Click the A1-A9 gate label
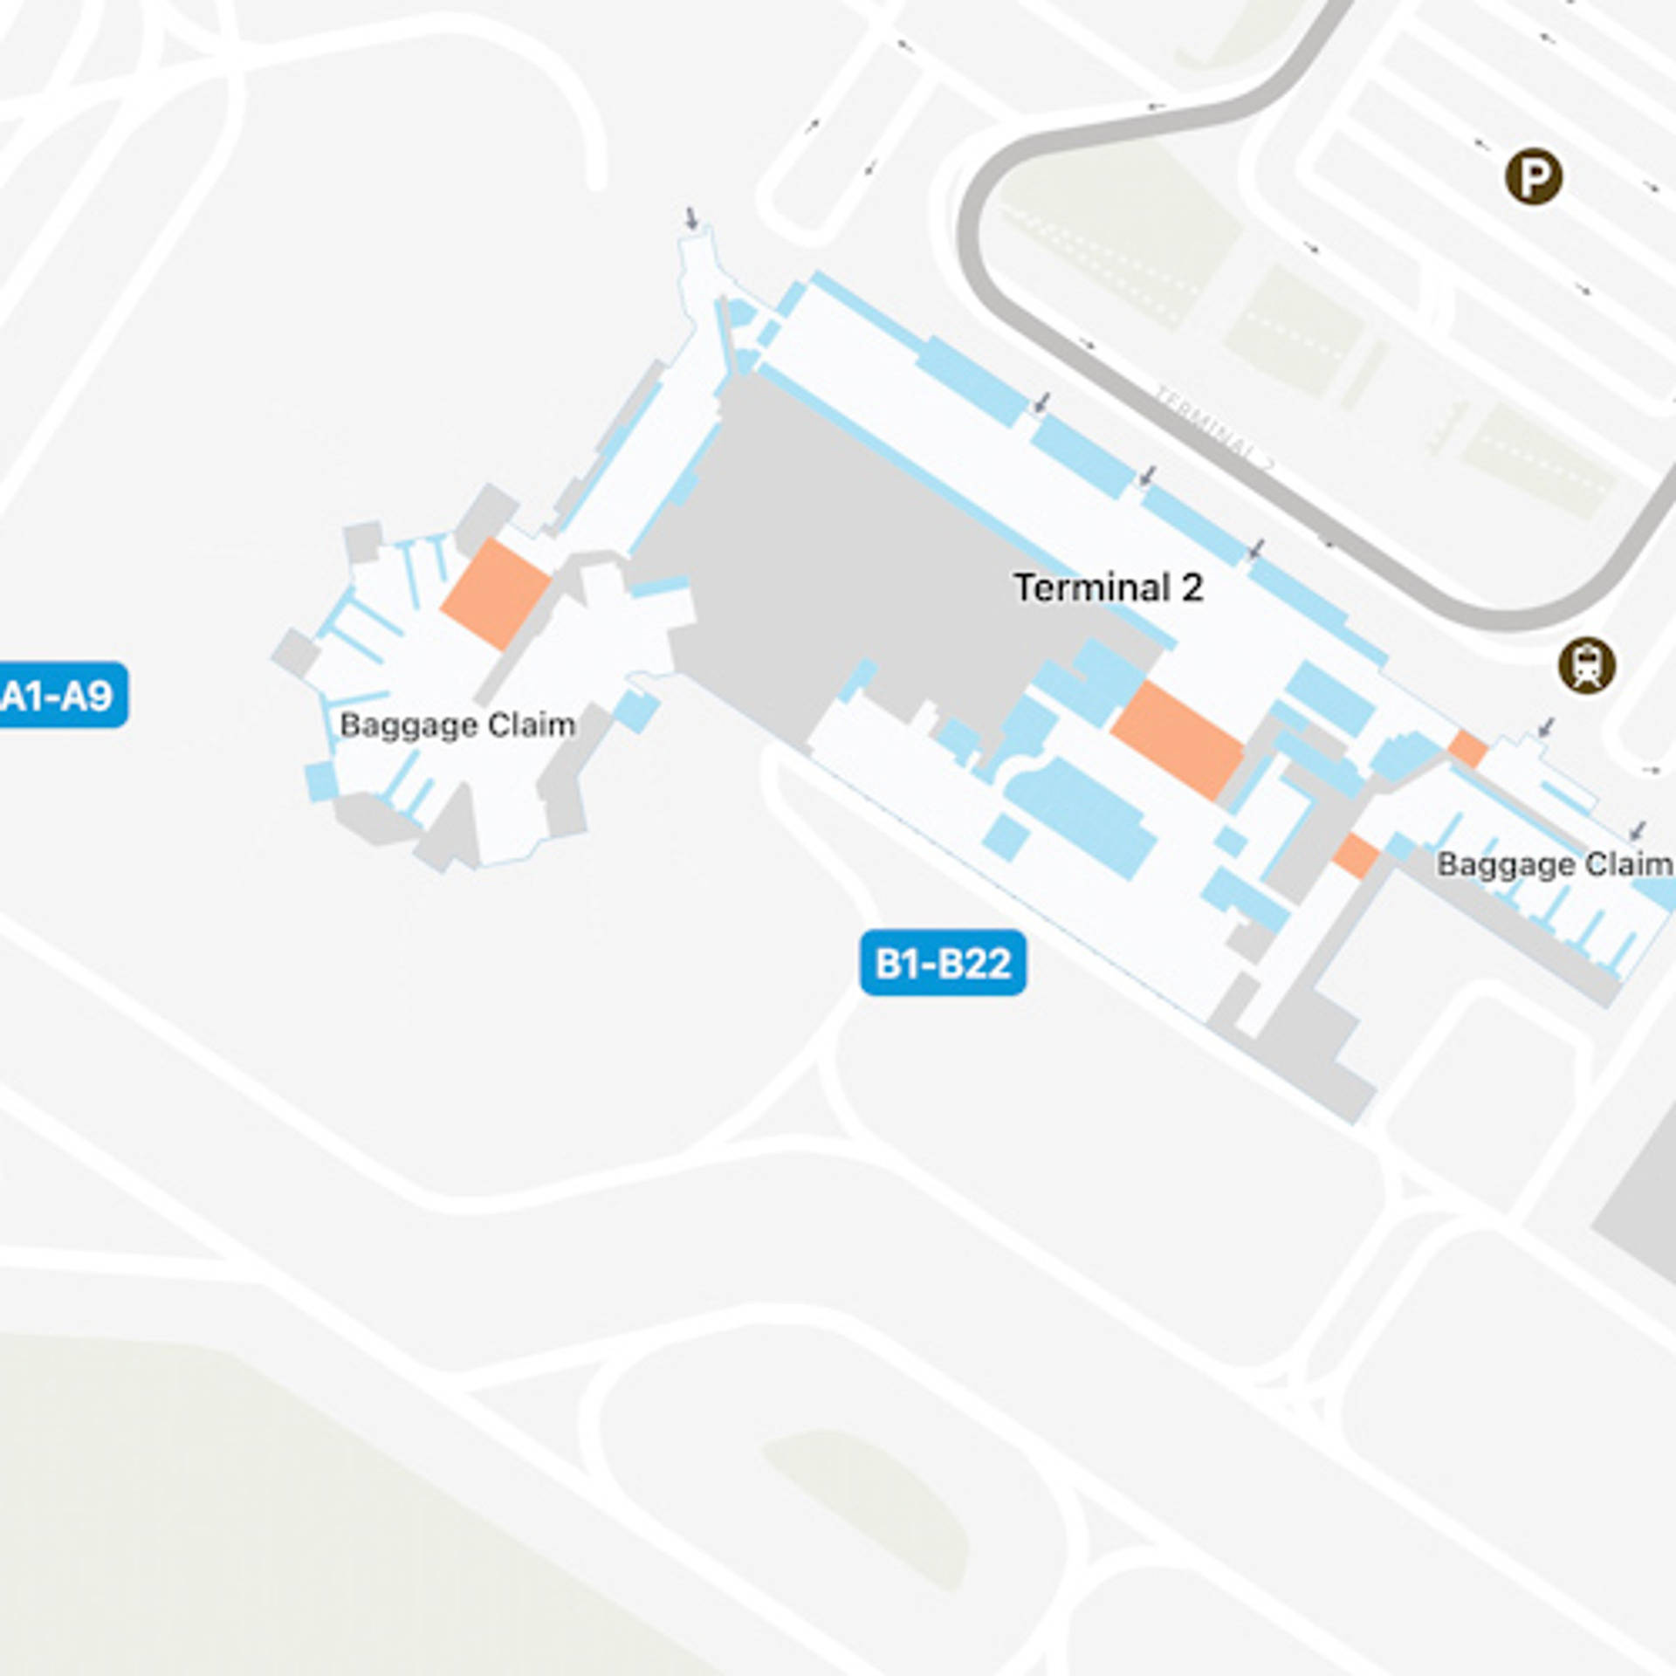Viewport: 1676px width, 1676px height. [x=59, y=695]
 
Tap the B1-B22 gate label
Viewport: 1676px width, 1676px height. [x=943, y=963]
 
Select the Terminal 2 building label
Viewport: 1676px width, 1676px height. [x=1108, y=587]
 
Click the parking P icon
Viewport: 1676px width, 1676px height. [x=1534, y=177]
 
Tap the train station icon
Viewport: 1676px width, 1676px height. [x=1586, y=666]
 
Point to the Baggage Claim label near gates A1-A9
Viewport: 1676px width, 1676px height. [x=457, y=725]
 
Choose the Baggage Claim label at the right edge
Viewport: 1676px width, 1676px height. [x=1554, y=864]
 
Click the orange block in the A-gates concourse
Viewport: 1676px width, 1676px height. [x=495, y=594]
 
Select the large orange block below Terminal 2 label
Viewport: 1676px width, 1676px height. [x=1177, y=740]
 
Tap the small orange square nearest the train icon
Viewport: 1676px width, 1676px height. [x=1468, y=749]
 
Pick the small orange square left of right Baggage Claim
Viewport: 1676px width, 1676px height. [x=1355, y=855]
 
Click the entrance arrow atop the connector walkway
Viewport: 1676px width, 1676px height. [x=691, y=217]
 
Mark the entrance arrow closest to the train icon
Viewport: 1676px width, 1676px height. [x=1547, y=726]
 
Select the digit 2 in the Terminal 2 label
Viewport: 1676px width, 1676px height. [x=1192, y=587]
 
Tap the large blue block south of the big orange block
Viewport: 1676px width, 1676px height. [x=1082, y=816]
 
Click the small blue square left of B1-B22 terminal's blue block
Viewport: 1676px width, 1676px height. [x=1006, y=836]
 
